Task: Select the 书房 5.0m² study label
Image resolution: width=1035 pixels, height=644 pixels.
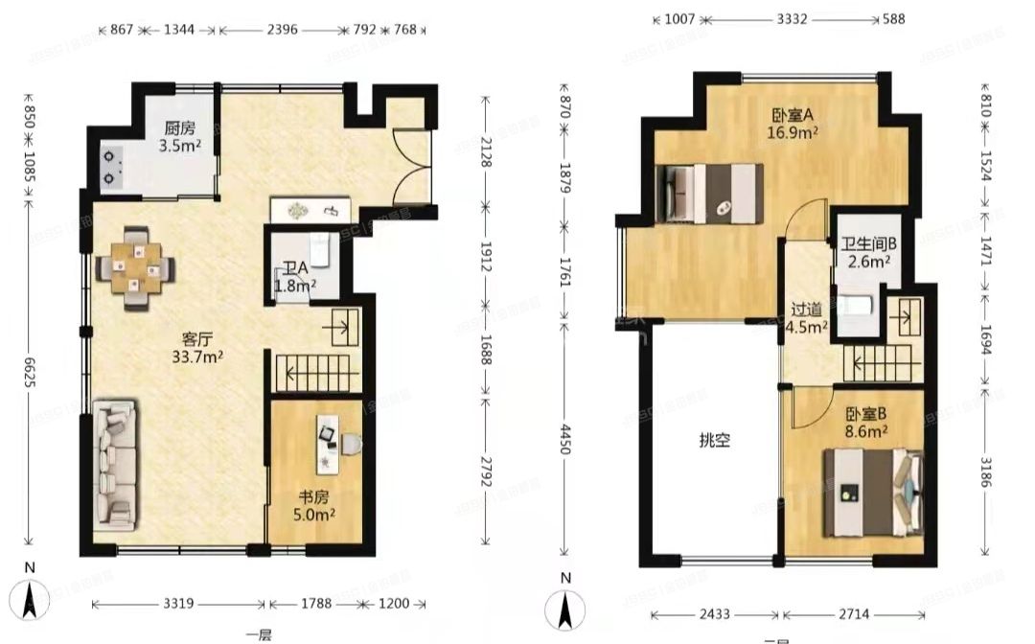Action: tap(313, 506)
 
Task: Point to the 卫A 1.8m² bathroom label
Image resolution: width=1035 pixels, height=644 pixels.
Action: tap(293, 277)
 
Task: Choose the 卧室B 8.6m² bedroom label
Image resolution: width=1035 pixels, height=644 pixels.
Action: tap(865, 424)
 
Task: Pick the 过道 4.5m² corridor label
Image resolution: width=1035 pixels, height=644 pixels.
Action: tap(806, 318)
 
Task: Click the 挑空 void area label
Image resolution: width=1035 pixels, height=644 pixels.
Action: tap(714, 441)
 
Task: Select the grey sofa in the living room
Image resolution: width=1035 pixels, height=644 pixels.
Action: tap(114, 465)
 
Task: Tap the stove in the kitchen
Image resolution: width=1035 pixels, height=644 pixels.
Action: tap(114, 167)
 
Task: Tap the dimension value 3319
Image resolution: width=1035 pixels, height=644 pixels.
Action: tap(179, 605)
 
